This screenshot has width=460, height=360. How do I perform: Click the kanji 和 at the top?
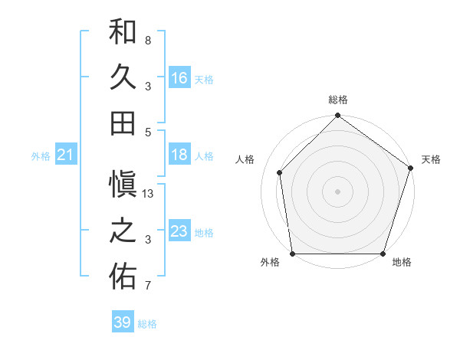pyautogui.click(x=123, y=33)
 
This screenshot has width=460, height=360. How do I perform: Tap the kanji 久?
pyautogui.click(x=123, y=77)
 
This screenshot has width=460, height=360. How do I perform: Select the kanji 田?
pyautogui.click(x=123, y=123)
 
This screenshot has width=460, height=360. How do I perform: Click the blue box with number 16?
pyautogui.click(x=179, y=78)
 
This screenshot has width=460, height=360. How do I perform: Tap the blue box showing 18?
pyautogui.click(x=179, y=155)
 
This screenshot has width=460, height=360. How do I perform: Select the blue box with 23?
pyautogui.click(x=179, y=232)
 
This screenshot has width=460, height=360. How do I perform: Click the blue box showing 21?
pyautogui.click(x=65, y=156)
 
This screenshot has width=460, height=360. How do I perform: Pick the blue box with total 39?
pyautogui.click(x=123, y=322)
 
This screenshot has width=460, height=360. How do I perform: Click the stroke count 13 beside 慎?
pyautogui.click(x=149, y=195)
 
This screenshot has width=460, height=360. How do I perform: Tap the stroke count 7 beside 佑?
pyautogui.click(x=147, y=286)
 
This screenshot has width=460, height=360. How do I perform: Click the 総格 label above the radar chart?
pyautogui.click(x=338, y=100)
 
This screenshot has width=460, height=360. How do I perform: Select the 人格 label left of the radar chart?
pyautogui.click(x=245, y=159)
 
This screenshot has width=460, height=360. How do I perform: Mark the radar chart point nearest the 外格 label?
pyautogui.click(x=293, y=254)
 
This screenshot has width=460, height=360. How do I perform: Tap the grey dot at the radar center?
pyautogui.click(x=338, y=191)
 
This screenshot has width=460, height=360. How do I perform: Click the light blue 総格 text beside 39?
pyautogui.click(x=147, y=324)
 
